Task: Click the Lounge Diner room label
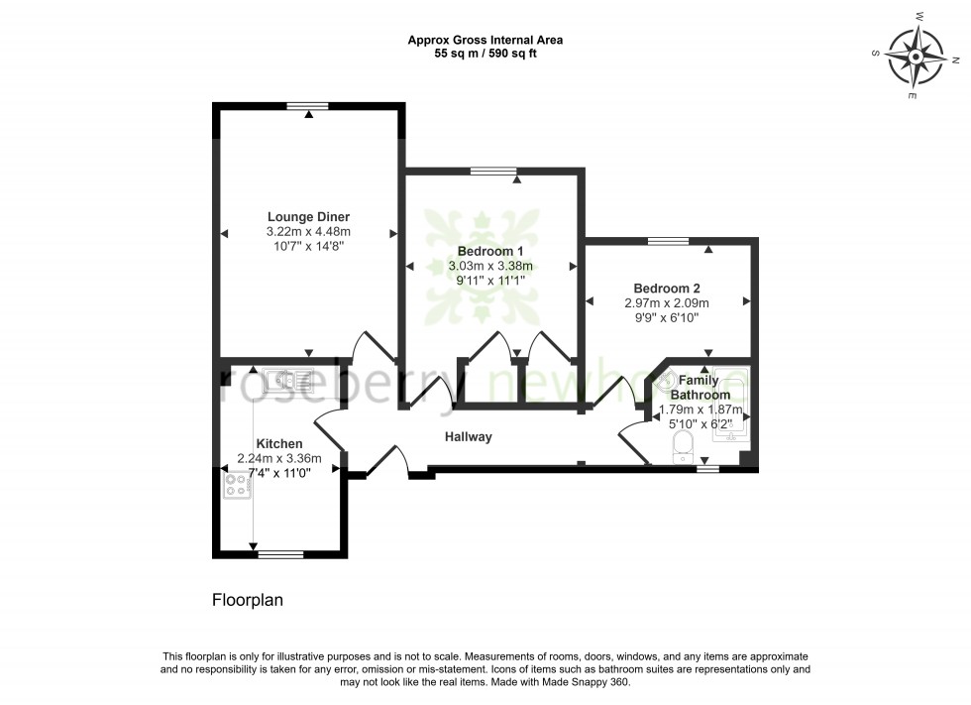[308, 217]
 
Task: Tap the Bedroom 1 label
[489, 251]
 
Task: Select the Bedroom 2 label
[666, 289]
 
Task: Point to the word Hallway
[468, 436]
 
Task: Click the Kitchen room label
[279, 443]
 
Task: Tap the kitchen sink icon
[287, 380]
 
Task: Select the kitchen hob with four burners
[237, 485]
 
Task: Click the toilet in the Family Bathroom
[683, 447]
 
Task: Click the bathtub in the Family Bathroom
[731, 404]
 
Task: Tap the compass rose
[916, 57]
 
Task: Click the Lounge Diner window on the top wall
[308, 106]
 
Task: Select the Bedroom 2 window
[668, 241]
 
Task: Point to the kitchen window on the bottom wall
[280, 554]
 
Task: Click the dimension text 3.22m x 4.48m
[308, 232]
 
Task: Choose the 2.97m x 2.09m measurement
[667, 303]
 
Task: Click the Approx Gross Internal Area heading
[485, 41]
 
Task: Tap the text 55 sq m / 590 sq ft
[485, 54]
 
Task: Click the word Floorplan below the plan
[247, 600]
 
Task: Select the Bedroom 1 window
[493, 171]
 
